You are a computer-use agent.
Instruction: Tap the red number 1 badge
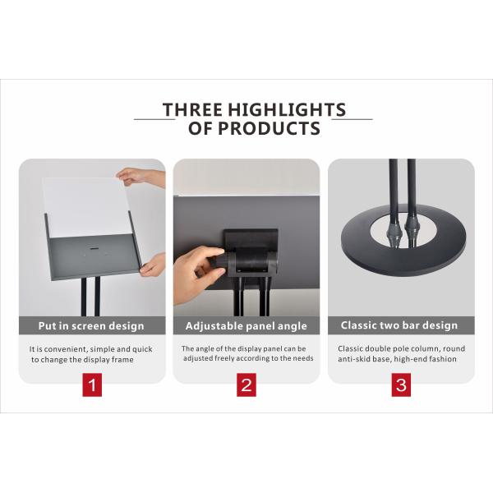pos(92,385)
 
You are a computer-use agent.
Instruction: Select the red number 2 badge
pos(246,385)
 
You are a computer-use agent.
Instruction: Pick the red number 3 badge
pos(401,385)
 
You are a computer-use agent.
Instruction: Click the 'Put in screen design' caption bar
pos(92,325)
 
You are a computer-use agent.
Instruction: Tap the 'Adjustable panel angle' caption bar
pos(246,325)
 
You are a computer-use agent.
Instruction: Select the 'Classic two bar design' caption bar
pos(401,325)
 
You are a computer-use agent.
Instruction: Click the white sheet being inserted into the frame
pos(82,205)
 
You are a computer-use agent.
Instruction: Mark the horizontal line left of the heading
pos(154,119)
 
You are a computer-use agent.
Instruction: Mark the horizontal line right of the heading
pos(352,119)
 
